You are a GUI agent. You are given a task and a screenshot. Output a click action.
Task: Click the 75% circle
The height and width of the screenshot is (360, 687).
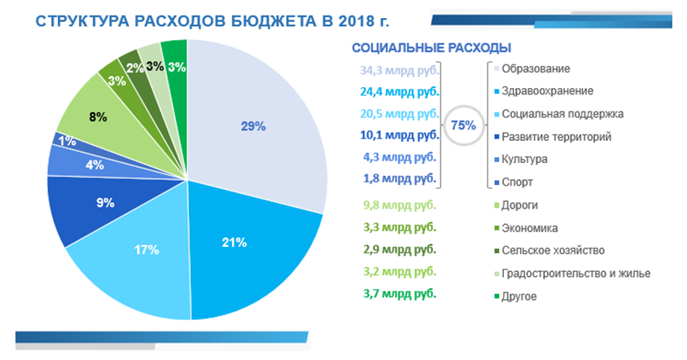463,125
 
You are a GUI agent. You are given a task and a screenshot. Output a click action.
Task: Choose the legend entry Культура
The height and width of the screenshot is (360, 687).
524,159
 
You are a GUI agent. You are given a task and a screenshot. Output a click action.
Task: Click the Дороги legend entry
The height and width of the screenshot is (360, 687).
520,204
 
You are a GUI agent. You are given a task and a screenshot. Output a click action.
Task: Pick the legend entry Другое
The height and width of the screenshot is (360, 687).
519,296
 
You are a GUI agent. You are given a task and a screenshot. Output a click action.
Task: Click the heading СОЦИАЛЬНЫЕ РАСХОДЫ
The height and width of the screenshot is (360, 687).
431,47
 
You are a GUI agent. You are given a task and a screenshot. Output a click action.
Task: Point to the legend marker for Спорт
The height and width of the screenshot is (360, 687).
497,182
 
